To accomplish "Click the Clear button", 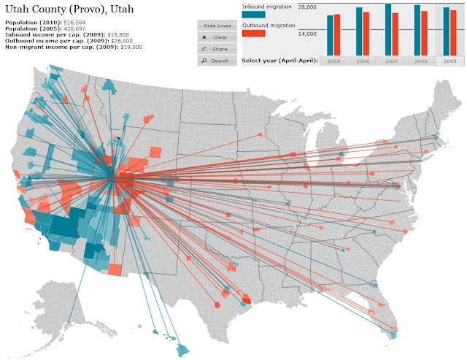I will (x=216, y=37).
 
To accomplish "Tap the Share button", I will (x=216, y=48).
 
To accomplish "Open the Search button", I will (x=216, y=60).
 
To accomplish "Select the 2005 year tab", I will (x=334, y=61).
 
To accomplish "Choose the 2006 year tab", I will (x=363, y=61).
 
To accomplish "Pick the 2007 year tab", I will (x=392, y=61).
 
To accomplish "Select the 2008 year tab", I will (x=421, y=61).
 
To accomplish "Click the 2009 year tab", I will (x=449, y=61).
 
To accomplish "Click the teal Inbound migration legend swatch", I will (x=253, y=15).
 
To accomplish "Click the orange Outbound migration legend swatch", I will (x=253, y=43).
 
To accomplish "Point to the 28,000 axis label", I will (x=306, y=7).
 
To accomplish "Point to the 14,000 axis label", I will (x=306, y=34).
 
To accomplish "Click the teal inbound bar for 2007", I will (x=388, y=29).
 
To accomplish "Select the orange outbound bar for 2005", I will (x=338, y=34).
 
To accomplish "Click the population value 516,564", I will (x=75, y=23).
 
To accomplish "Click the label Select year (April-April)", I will (x=279, y=60).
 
